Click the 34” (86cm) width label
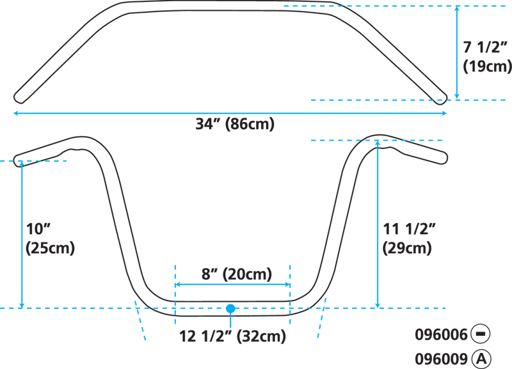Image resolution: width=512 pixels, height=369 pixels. click(235, 124)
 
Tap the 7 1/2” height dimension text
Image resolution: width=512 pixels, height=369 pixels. click(486, 47)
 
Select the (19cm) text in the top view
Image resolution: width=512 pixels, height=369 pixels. click(487, 67)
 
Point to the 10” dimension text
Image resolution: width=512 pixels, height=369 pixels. click(38, 229)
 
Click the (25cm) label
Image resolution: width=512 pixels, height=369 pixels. click(51, 248)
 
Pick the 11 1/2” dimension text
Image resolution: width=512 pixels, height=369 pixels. click(410, 229)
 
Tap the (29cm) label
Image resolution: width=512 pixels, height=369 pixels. click(407, 248)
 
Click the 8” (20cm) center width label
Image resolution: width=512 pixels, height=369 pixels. click(236, 274)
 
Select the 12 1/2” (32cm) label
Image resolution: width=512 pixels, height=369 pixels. click(232, 336)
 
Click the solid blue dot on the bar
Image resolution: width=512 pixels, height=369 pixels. click(230, 308)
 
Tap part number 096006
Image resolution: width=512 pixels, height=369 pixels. click(442, 334)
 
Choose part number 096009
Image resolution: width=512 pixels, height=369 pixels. click(442, 359)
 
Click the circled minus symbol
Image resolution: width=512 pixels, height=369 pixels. click(481, 334)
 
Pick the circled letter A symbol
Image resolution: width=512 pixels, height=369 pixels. click(481, 359)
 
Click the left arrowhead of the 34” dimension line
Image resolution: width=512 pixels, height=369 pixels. click(15, 113)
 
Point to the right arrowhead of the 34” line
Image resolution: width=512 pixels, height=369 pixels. click(444, 113)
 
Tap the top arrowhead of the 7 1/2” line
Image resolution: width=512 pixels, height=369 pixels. click(457, 8)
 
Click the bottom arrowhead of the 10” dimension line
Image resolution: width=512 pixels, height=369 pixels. click(22, 306)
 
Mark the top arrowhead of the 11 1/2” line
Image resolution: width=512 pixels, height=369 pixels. click(378, 143)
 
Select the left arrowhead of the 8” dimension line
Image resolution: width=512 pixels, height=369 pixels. click(178, 285)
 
